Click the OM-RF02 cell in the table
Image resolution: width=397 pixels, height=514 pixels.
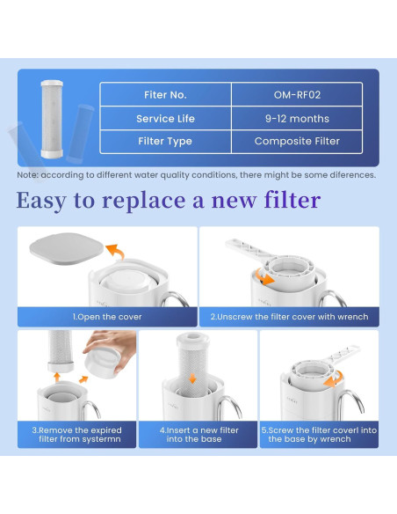click(296, 94)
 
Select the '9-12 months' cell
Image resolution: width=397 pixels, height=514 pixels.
click(296, 118)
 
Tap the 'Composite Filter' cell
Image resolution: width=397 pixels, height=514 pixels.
click(296, 141)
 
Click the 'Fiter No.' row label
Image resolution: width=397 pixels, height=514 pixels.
click(164, 94)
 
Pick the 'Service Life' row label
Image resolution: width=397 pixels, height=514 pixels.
click(164, 118)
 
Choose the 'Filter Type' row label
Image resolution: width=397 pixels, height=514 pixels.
click(164, 141)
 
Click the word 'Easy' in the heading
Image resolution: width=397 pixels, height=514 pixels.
click(49, 201)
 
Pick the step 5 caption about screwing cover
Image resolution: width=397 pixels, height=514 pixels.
click(318, 434)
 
